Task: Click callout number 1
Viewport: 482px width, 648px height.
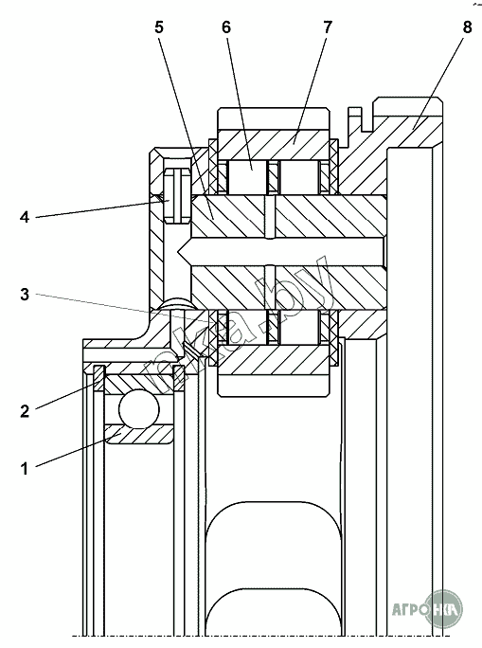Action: click(x=25, y=469)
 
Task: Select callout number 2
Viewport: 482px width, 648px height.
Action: click(x=25, y=411)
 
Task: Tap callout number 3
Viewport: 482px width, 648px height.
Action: click(x=25, y=295)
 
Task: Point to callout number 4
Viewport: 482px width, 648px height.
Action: click(x=25, y=217)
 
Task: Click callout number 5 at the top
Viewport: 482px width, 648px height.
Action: click(x=159, y=27)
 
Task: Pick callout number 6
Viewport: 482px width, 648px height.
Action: click(x=226, y=27)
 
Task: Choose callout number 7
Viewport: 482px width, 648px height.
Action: click(x=327, y=27)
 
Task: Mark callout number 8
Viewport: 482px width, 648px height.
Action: click(x=467, y=27)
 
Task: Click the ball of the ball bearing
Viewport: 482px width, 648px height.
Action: click(x=139, y=409)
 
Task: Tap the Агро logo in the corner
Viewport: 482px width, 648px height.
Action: click(x=427, y=609)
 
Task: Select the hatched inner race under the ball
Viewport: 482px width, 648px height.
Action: click(x=139, y=434)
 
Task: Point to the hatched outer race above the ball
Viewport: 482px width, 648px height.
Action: click(x=139, y=383)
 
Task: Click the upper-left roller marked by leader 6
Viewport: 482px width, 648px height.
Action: click(x=247, y=176)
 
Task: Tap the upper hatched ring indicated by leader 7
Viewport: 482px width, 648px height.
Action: click(x=274, y=145)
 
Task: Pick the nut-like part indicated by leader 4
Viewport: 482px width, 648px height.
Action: click(x=178, y=195)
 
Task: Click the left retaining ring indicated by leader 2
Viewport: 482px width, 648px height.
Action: click(x=99, y=379)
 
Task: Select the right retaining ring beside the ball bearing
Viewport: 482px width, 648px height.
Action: click(x=178, y=378)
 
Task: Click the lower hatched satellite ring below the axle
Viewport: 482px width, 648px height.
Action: click(x=274, y=360)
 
